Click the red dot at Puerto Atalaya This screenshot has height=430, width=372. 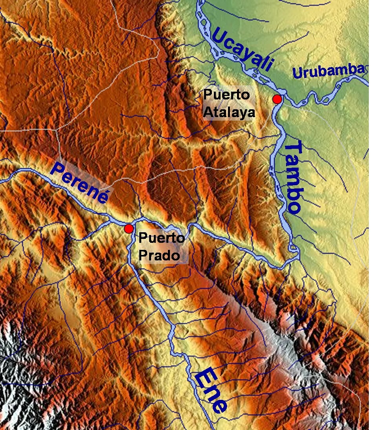[277, 99]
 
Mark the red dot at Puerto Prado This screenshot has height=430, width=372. [128, 228]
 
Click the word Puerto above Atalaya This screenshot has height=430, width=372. [226, 95]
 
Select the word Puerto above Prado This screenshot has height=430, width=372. [162, 238]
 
